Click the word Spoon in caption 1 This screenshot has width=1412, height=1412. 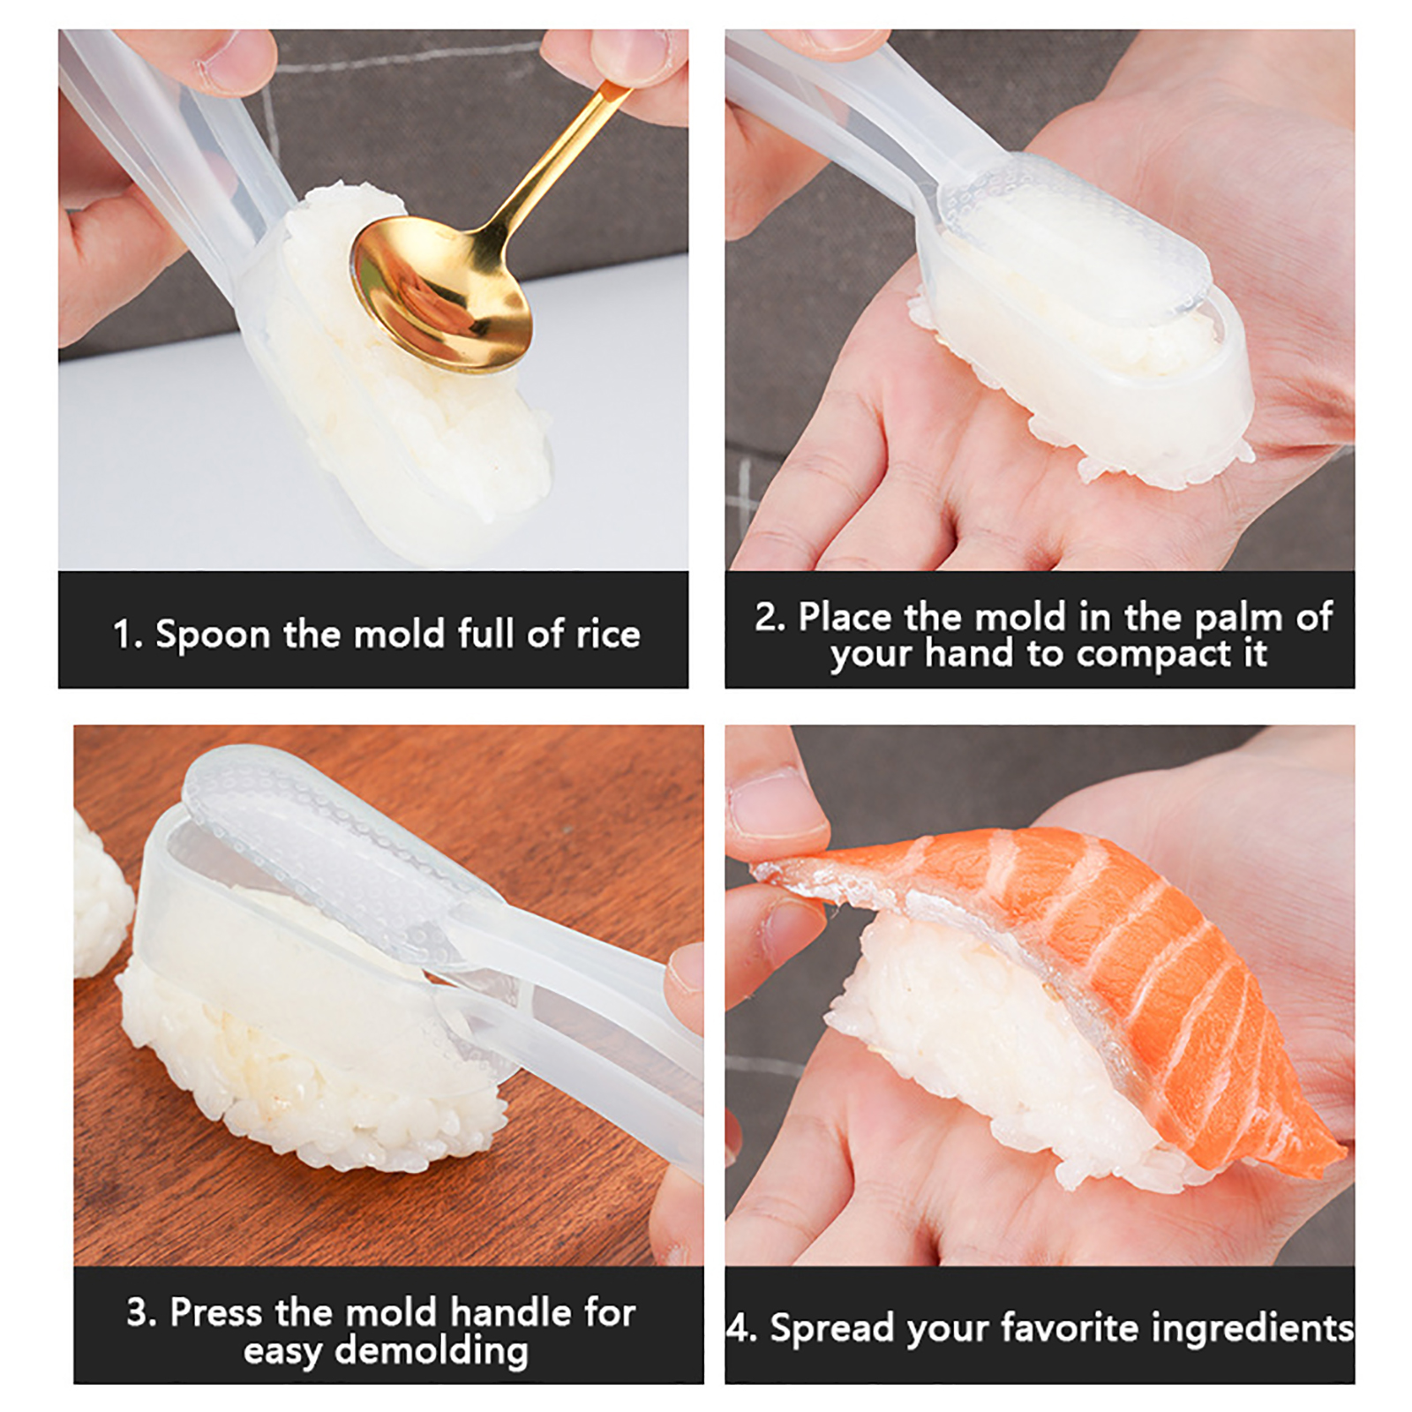pos(213,635)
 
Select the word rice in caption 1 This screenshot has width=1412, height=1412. pos(608,633)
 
